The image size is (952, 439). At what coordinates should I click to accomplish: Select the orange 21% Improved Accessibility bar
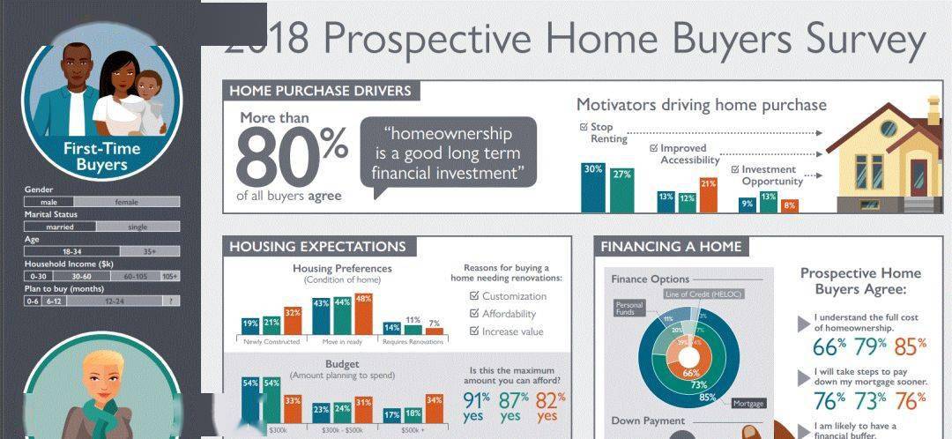click(708, 195)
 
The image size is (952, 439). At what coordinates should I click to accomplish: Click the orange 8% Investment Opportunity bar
click(789, 205)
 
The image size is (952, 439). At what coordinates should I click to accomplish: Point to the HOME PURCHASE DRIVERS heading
click(320, 91)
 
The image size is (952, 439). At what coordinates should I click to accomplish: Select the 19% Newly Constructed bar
click(250, 326)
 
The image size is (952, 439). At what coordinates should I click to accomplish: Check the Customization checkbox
click(474, 296)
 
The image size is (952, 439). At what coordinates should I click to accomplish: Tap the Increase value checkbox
click(474, 331)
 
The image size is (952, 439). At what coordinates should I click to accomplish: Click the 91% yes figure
click(477, 406)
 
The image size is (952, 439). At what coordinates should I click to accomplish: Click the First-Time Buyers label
click(101, 156)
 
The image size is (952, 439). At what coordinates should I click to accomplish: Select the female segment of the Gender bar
click(126, 202)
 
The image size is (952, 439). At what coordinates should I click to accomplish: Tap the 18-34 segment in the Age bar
click(71, 251)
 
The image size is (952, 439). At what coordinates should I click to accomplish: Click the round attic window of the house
click(889, 128)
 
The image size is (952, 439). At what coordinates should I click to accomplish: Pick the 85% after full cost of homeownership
click(911, 346)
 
